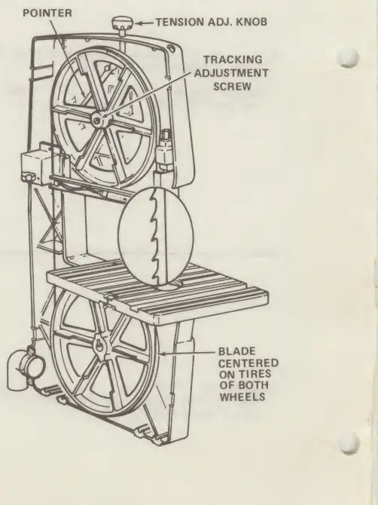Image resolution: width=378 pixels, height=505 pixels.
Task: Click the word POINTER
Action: [x=47, y=14]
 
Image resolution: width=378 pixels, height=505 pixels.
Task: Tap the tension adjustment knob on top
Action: [x=122, y=23]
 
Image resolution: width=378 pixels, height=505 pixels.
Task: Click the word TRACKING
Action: [x=233, y=60]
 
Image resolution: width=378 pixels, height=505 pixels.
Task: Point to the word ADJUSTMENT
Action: [x=231, y=73]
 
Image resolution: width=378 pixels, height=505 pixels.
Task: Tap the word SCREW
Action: [x=232, y=87]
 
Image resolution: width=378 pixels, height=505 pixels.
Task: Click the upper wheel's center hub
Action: [x=98, y=120]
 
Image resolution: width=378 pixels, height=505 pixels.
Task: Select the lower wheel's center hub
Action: [x=99, y=346]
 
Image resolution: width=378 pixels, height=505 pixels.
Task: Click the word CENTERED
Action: [x=248, y=363]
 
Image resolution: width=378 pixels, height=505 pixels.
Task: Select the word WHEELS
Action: [x=242, y=396]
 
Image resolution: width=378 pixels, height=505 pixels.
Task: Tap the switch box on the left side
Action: [x=35, y=163]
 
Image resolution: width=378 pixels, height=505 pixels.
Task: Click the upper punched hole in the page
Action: [x=349, y=57]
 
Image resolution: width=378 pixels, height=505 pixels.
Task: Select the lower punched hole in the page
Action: [x=349, y=443]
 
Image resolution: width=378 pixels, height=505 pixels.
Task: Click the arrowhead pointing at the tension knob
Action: [x=138, y=23]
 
